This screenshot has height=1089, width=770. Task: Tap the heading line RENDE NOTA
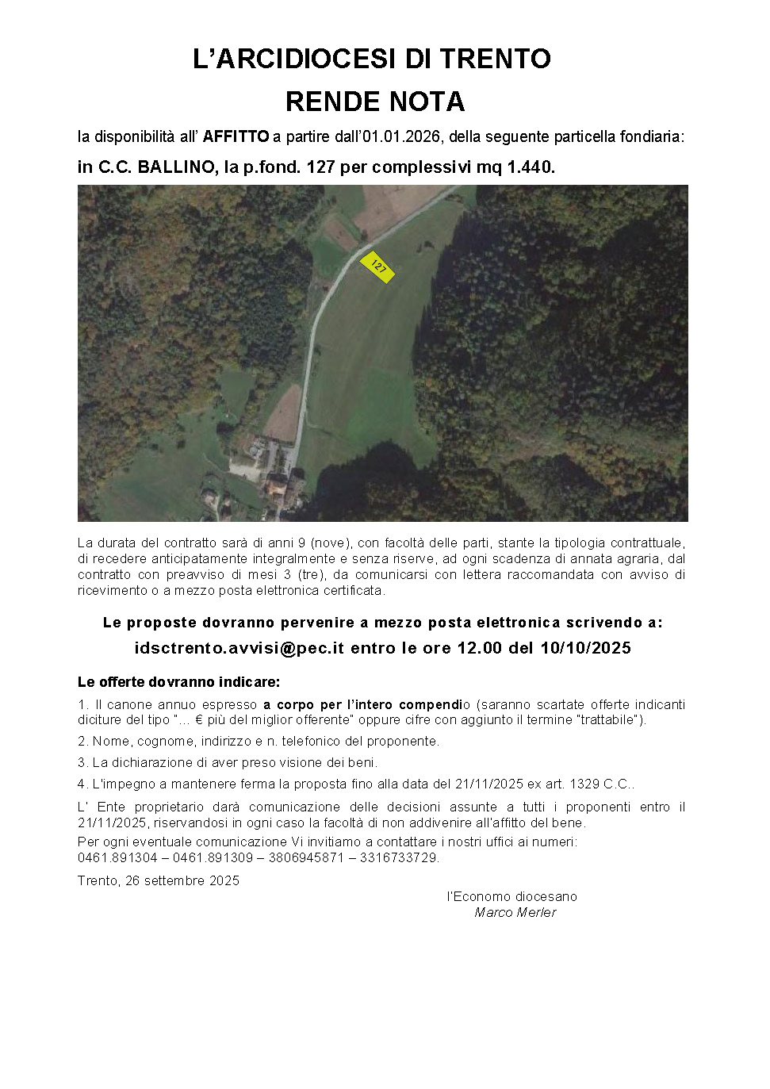pyautogui.click(x=374, y=102)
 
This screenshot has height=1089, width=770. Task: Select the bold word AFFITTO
pyautogui.click(x=236, y=136)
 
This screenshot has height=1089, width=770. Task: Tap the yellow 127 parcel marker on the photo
pyautogui.click(x=377, y=266)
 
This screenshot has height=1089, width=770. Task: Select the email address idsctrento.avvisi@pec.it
pyautogui.click(x=239, y=648)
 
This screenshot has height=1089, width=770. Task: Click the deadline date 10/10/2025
pyautogui.click(x=585, y=648)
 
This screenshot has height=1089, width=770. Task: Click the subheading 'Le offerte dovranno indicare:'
pyautogui.click(x=178, y=682)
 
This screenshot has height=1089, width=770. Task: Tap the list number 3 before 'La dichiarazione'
pyautogui.click(x=82, y=762)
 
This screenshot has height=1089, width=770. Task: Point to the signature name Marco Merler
pyautogui.click(x=515, y=912)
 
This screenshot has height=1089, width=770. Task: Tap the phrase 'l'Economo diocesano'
pyautogui.click(x=512, y=896)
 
